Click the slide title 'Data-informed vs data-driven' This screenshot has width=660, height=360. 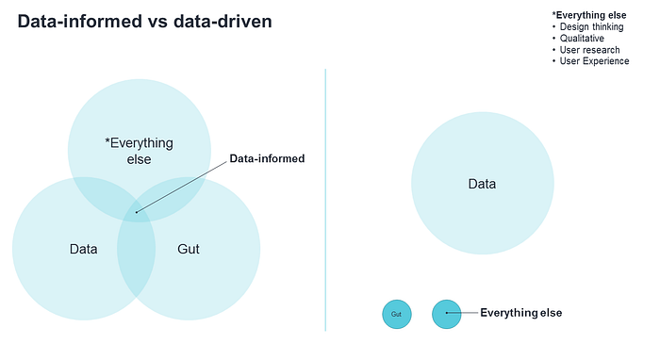(145, 22)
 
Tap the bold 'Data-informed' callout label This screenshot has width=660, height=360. (267, 158)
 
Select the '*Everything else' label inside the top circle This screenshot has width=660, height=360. (139, 151)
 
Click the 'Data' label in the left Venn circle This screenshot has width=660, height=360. (83, 249)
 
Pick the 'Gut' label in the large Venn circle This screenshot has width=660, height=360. (189, 249)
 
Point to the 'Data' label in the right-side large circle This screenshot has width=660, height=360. (482, 184)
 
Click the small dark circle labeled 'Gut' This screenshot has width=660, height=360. (397, 314)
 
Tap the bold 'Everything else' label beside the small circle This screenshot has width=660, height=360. (521, 313)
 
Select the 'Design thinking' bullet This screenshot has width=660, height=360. (591, 27)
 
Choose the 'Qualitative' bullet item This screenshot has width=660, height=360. (582, 39)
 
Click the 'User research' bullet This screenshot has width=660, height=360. (589, 50)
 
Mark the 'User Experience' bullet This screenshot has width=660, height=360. (594, 61)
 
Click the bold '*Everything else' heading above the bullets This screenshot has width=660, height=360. (589, 15)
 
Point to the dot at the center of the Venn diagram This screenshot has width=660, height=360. (137, 212)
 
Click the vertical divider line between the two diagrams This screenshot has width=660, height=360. (325, 200)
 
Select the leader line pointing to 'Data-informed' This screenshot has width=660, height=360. (181, 188)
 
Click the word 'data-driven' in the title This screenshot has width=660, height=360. (223, 22)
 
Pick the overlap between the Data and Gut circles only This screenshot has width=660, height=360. (137, 261)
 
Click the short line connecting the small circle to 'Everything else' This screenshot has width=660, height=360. (462, 313)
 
